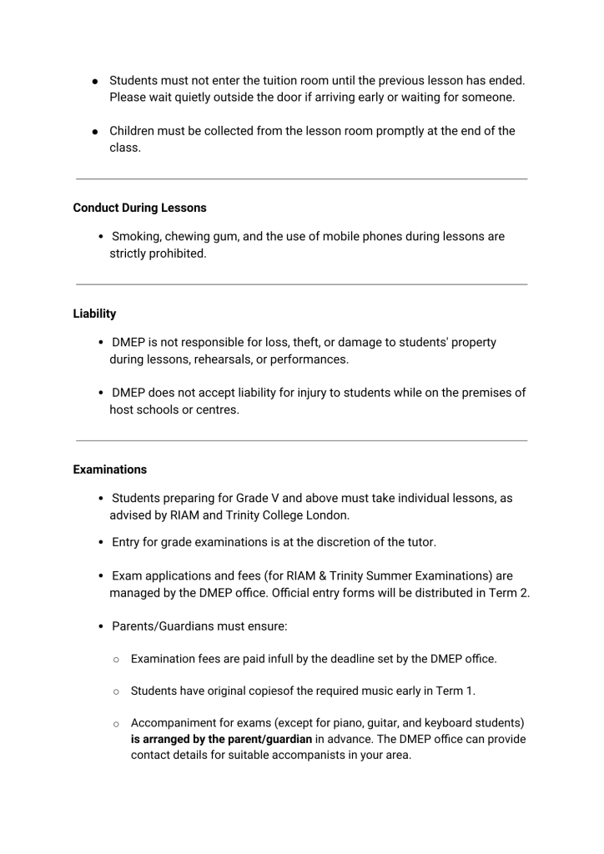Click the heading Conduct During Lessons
[x=139, y=208]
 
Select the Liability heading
[x=94, y=314]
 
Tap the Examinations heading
[x=109, y=470]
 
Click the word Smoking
[x=136, y=237]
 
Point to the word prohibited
[x=175, y=254]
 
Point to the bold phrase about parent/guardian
[x=221, y=739]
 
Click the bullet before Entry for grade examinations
[x=101, y=543]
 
